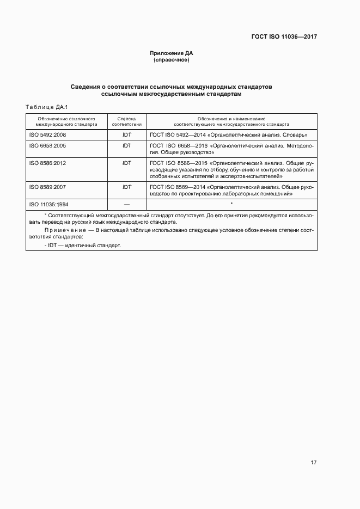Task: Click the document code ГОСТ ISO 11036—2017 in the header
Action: coord(284,37)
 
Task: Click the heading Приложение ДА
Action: coord(172,53)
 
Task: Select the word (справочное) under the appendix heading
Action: coord(172,60)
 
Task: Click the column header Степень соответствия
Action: coord(126,121)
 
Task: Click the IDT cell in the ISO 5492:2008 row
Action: coord(127,134)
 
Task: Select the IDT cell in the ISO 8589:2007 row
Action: coord(127,187)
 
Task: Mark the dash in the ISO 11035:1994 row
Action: coord(127,204)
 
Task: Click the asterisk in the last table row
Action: coord(231,204)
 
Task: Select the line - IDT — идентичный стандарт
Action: coord(83,246)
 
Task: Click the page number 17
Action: coord(313,462)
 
